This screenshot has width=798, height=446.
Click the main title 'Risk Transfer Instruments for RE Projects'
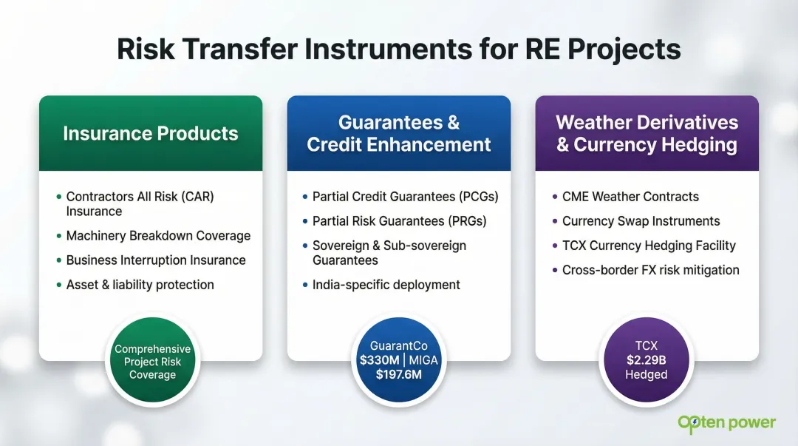pyautogui.click(x=399, y=49)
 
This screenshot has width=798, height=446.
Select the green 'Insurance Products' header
pyautogui.click(x=151, y=134)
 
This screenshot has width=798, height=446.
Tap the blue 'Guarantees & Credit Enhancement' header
pyautogui.click(x=399, y=134)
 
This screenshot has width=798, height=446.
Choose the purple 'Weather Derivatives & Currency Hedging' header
pyautogui.click(x=647, y=134)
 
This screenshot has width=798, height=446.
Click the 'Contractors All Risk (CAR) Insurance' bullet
pyautogui.click(x=140, y=204)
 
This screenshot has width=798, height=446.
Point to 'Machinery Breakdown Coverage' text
pyautogui.click(x=158, y=236)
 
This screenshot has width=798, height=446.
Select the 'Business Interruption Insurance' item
pyautogui.click(x=156, y=260)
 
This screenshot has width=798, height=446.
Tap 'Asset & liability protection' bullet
pyautogui.click(x=140, y=285)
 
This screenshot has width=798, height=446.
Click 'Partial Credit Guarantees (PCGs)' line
pyautogui.click(x=405, y=197)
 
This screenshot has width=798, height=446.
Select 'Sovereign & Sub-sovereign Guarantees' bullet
pyautogui.click(x=389, y=253)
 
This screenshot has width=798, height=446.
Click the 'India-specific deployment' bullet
pyautogui.click(x=386, y=285)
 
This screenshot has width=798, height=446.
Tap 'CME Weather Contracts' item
pyautogui.click(x=630, y=197)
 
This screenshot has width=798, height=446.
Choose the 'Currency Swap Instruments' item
pyautogui.click(x=641, y=221)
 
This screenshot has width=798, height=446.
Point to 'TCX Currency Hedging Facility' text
pyautogui.click(x=649, y=246)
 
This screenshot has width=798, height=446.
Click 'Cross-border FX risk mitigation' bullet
pyautogui.click(x=650, y=270)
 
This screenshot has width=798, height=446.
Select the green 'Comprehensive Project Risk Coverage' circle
pyautogui.click(x=153, y=362)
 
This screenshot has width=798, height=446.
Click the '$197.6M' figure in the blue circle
pyautogui.click(x=399, y=375)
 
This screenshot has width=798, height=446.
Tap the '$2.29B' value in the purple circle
pyautogui.click(x=647, y=360)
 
